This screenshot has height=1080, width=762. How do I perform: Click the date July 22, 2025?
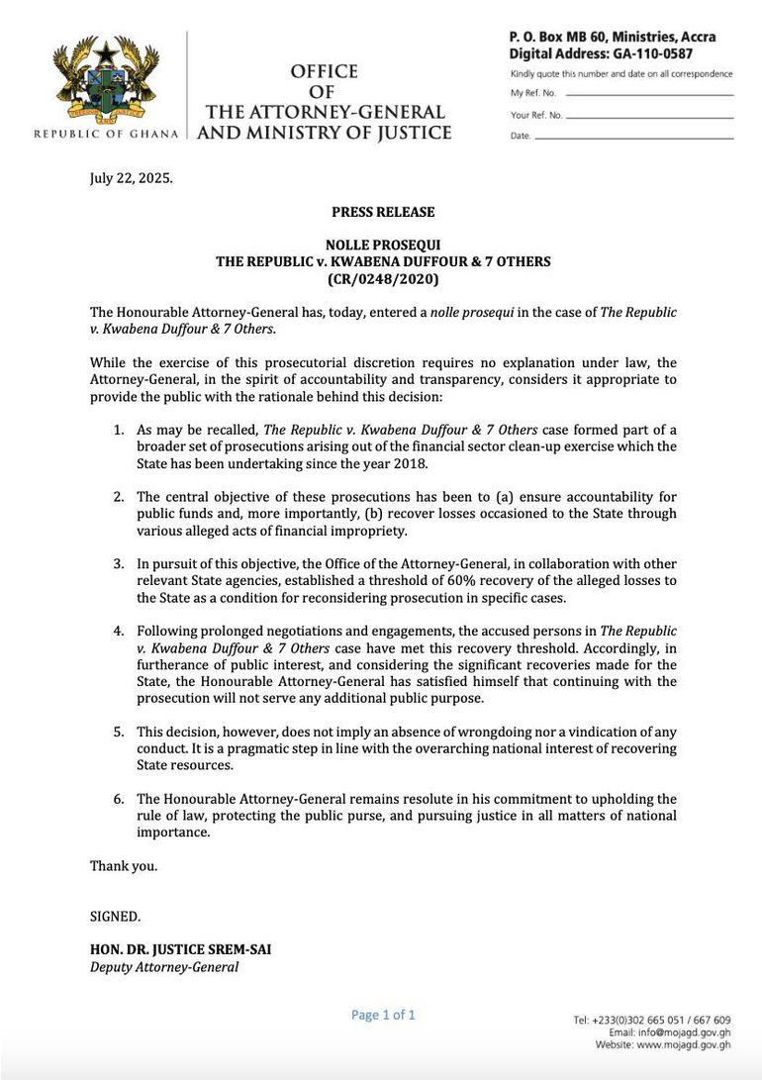click(x=132, y=179)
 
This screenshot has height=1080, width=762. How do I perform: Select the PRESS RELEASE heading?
click(x=383, y=212)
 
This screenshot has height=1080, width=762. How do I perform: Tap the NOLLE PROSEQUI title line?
click(x=383, y=245)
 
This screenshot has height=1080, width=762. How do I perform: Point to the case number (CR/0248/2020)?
click(x=383, y=279)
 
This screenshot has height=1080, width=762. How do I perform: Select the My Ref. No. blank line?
click(x=648, y=94)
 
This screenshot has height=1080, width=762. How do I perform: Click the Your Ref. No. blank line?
click(x=648, y=116)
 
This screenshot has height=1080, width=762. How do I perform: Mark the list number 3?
click(x=118, y=563)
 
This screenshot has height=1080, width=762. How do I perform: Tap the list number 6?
click(x=118, y=799)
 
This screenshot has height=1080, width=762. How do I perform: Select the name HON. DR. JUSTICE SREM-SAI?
click(x=180, y=949)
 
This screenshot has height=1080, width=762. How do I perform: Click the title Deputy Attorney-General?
click(x=164, y=967)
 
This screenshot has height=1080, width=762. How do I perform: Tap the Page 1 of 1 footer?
click(x=383, y=1015)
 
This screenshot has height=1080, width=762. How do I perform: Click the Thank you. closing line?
click(x=124, y=866)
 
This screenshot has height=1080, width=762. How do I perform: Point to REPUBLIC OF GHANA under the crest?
click(x=106, y=134)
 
